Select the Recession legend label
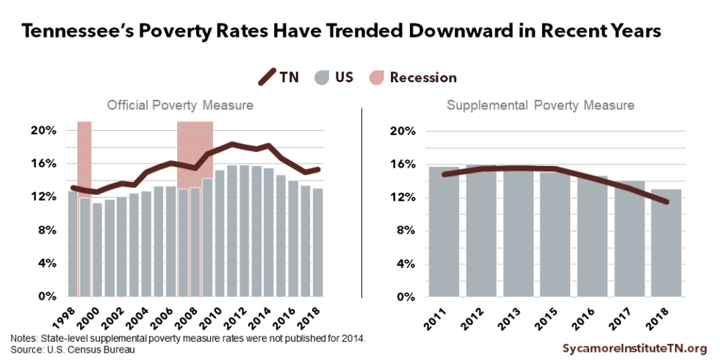(422, 77)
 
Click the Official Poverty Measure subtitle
(180, 105)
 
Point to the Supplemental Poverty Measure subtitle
(540, 106)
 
